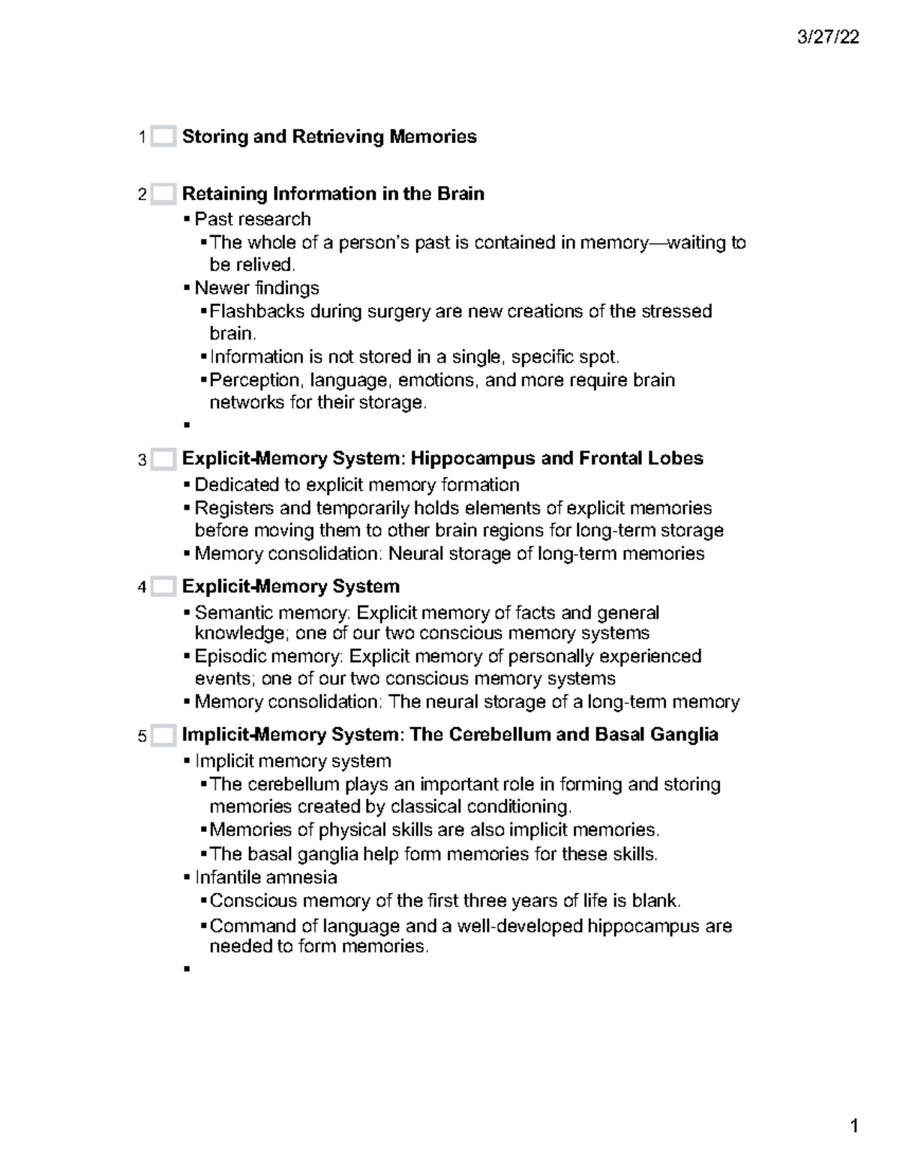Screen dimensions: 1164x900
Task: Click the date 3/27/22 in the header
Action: pyautogui.click(x=828, y=37)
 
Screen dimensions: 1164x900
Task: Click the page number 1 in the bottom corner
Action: pyautogui.click(x=853, y=1127)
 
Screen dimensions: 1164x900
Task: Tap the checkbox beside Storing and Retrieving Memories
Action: pyautogui.click(x=163, y=137)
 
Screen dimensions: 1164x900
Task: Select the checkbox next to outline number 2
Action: pyautogui.click(x=163, y=194)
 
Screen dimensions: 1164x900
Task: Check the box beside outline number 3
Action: pyautogui.click(x=163, y=459)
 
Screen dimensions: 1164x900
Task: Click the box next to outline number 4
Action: pyautogui.click(x=163, y=587)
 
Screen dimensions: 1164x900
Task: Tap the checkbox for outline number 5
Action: pyautogui.click(x=163, y=735)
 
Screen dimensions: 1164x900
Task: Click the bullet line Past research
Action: pyautogui.click(x=252, y=219)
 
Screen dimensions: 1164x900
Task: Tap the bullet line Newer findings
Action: pyautogui.click(x=256, y=288)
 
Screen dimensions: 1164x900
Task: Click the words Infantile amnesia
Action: pyautogui.click(x=265, y=877)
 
